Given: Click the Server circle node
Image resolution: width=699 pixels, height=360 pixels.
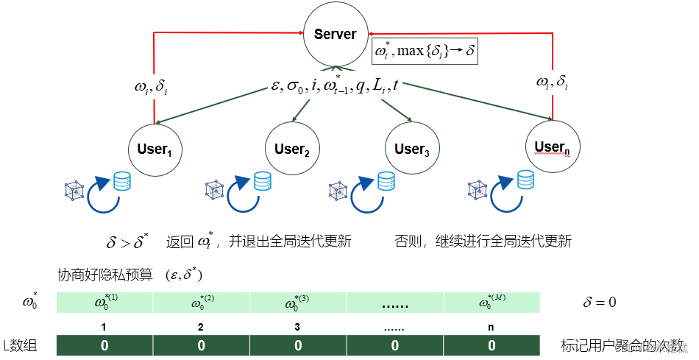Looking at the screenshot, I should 335,34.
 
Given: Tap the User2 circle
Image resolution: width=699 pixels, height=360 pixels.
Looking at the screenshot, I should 293,150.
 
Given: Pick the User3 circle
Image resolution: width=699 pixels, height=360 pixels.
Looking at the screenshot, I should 412,150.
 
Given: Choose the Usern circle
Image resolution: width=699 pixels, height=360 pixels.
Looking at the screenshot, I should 552,147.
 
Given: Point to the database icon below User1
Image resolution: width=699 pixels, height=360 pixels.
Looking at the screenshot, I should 122,181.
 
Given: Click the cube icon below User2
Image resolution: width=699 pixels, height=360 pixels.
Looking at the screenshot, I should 214,190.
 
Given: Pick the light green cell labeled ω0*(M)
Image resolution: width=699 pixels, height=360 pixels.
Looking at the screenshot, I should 492,302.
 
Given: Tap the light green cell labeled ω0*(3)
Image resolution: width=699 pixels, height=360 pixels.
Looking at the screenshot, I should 298,302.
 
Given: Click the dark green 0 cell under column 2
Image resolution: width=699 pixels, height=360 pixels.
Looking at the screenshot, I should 201,345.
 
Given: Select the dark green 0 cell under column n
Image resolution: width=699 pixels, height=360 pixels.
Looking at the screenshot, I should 492,345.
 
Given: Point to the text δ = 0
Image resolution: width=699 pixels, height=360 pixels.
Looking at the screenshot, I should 599,302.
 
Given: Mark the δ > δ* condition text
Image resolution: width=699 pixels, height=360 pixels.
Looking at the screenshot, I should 128,241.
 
